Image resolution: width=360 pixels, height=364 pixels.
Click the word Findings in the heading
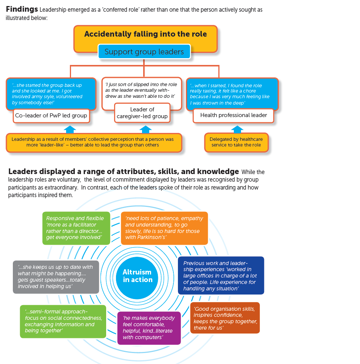pyautogui.click(x=22, y=9)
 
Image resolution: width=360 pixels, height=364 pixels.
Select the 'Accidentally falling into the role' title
pyautogui.click(x=145, y=34)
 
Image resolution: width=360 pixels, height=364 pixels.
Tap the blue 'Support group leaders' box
pyautogui.click(x=144, y=51)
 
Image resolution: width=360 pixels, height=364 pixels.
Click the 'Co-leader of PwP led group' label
pyautogui.click(x=51, y=116)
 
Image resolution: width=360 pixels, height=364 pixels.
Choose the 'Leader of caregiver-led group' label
pyautogui.click(x=142, y=113)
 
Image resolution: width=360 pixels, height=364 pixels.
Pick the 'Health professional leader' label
pyautogui.click(x=233, y=116)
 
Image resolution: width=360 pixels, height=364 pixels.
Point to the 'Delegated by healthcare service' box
pyautogui.click(x=236, y=142)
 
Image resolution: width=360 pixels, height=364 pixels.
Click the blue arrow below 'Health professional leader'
pyautogui.click(x=237, y=129)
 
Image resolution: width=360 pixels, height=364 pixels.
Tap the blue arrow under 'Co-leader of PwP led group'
pyautogui.click(x=70, y=130)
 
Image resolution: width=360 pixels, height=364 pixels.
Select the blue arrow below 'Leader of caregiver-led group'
pyautogui.click(x=145, y=130)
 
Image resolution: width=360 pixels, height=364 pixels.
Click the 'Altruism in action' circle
pyautogui.click(x=137, y=278)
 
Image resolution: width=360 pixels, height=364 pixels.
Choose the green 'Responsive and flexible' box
pyautogui.click(x=76, y=228)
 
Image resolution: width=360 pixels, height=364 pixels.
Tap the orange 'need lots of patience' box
pyautogui.click(x=164, y=228)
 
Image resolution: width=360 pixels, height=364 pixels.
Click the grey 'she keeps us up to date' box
pyautogui.click(x=56, y=277)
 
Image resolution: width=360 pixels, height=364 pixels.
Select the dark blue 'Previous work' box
pyautogui.click(x=221, y=275)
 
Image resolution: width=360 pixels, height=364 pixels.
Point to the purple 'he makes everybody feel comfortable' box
pyautogui.click(x=149, y=328)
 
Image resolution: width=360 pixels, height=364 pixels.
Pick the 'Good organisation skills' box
pyautogui.click(x=225, y=318)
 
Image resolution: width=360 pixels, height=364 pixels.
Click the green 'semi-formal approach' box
pyautogui.click(x=63, y=321)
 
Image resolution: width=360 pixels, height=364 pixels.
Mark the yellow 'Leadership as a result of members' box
pyautogui.click(x=94, y=142)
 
